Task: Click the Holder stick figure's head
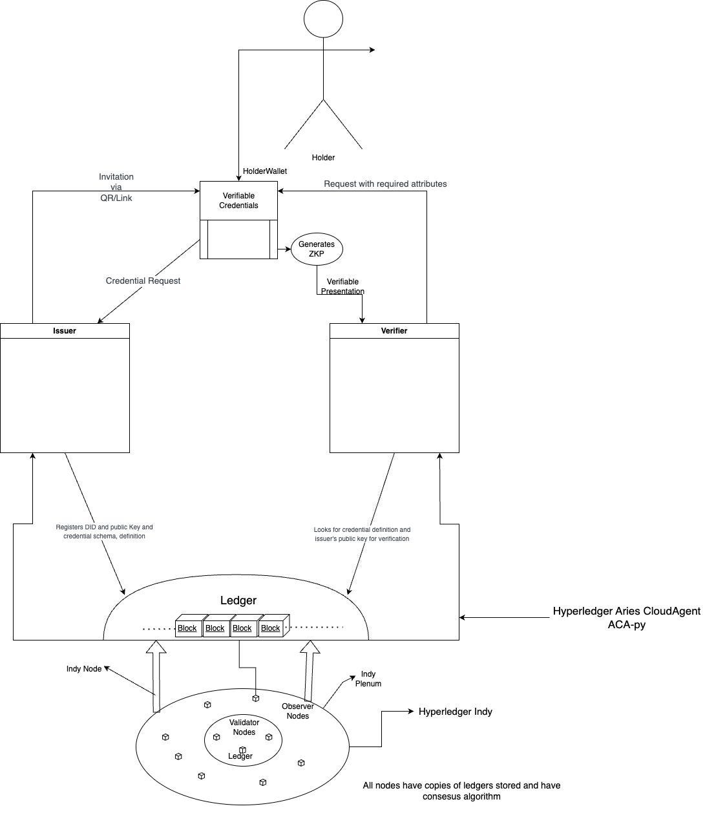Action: pos(323,19)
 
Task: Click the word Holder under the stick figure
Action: pos(323,157)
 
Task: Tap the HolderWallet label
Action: pos(264,171)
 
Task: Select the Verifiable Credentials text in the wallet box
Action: pos(238,200)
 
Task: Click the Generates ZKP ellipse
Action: pos(317,249)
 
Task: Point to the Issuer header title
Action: pos(64,331)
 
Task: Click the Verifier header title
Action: pos(394,331)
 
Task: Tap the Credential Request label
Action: pos(143,280)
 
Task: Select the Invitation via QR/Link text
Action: pos(116,187)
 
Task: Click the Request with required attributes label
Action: pos(385,184)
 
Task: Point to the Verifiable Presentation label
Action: pos(342,286)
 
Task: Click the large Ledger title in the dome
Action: pos(238,600)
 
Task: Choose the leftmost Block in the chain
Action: pos(187,628)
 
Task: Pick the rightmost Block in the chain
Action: pos(270,628)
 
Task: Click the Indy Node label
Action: pos(84,669)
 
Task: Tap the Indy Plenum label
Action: pos(368,679)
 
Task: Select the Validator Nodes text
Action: pos(244,727)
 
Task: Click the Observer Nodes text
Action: pos(298,711)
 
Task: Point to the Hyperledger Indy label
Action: pos(456,712)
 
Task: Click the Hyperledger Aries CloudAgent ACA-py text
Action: pos(627,618)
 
